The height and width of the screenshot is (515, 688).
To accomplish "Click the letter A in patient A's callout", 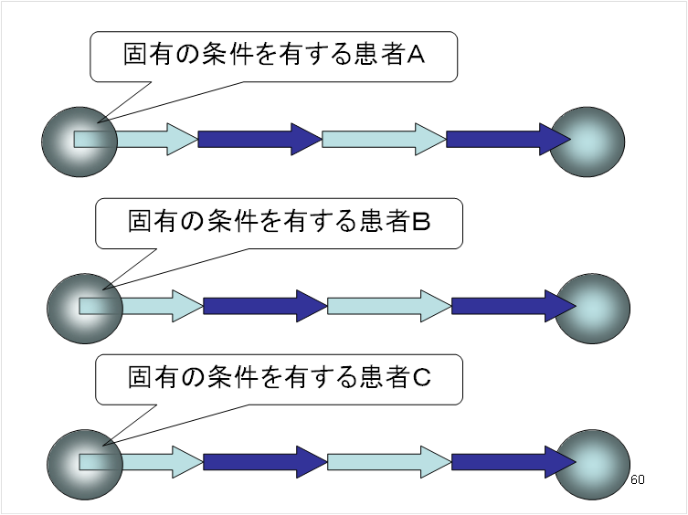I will tap(416, 57).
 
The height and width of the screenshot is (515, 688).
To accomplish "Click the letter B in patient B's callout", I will tap(420, 221).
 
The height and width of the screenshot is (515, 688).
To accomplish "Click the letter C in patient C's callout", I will tap(420, 376).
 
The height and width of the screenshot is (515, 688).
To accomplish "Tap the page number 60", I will tap(638, 479).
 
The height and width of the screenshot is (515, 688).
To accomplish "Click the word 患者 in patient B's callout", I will tap(375, 221).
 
